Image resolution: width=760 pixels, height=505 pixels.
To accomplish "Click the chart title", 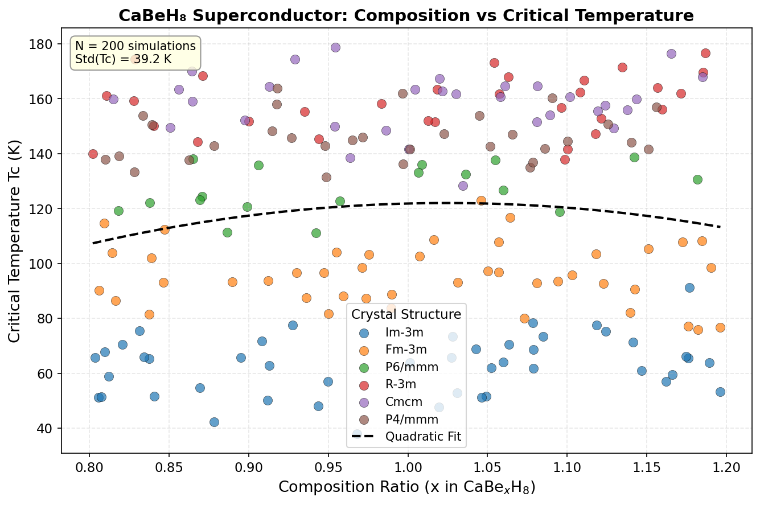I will tap(406, 15).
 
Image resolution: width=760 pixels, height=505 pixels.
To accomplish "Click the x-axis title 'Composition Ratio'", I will tap(406, 487).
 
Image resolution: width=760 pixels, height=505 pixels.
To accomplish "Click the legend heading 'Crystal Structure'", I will tap(406, 314).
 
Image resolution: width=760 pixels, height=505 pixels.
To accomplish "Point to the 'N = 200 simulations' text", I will tap(135, 46).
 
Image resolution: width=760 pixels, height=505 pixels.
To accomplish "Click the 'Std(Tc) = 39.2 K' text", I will tap(123, 59).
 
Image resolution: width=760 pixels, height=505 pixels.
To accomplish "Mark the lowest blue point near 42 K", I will tap(214, 422).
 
